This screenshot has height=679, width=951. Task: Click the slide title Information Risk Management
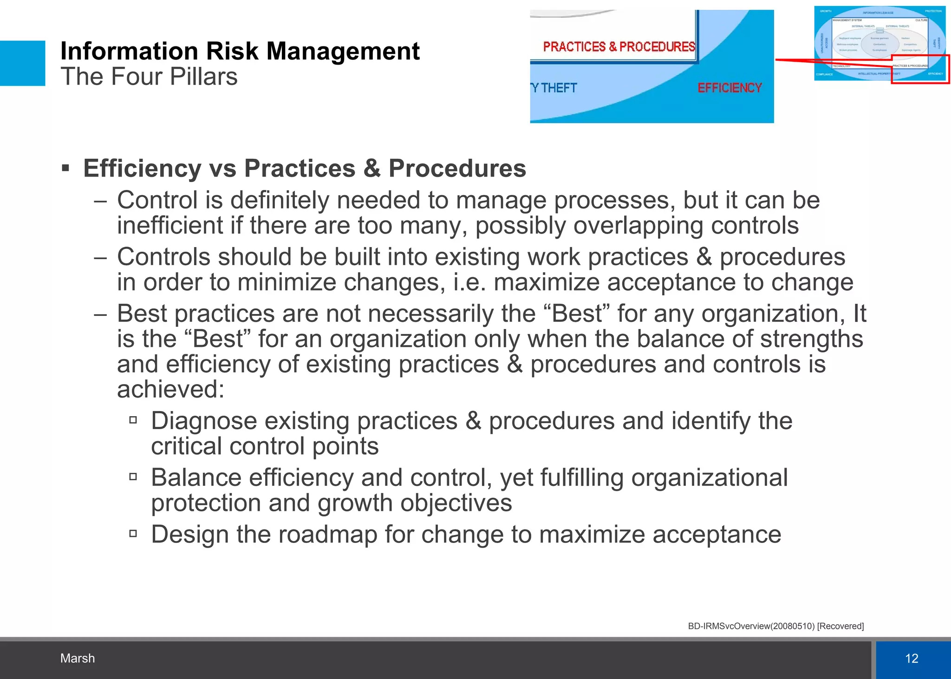click(240, 51)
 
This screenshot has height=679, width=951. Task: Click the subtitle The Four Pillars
click(149, 77)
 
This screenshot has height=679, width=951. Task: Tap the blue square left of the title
click(22, 63)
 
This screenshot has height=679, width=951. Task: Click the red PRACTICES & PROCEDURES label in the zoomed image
click(619, 47)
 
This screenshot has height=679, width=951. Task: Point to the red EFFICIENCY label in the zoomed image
click(729, 88)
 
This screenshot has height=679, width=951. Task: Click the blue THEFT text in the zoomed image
click(559, 88)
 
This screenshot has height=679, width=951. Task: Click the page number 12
click(912, 658)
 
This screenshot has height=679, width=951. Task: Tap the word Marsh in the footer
click(78, 658)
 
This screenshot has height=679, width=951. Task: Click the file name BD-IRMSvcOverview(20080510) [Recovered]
click(775, 626)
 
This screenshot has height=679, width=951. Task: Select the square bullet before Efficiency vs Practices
click(65, 168)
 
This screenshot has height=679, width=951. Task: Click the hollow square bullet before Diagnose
click(133, 420)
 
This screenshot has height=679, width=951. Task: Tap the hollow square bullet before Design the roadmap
click(133, 534)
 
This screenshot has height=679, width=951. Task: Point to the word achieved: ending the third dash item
click(170, 389)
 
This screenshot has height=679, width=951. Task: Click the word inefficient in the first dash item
click(169, 226)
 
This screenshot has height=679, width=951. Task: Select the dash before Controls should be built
click(100, 257)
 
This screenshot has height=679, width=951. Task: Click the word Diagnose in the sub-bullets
click(204, 421)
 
